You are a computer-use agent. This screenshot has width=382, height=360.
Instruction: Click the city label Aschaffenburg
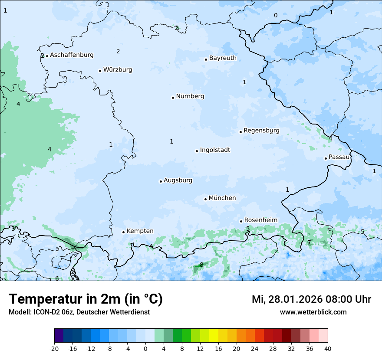(72, 55)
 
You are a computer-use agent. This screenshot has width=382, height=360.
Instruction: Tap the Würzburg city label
(118, 70)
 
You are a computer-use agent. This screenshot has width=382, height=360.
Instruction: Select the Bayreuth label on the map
(223, 58)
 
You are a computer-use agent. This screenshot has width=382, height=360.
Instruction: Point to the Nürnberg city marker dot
(173, 98)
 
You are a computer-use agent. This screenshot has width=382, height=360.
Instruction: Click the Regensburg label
(261, 131)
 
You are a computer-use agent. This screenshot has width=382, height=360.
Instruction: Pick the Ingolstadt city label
(215, 150)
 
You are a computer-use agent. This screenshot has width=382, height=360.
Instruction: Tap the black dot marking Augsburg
(161, 181)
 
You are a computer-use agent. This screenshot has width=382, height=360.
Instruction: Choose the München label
(222, 198)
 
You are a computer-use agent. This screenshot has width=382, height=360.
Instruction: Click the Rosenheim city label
(260, 220)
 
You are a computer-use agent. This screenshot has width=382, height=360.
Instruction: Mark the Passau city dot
(326, 158)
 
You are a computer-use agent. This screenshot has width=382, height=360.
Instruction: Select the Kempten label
(140, 231)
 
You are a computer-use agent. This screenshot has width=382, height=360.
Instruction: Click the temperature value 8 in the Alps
(201, 265)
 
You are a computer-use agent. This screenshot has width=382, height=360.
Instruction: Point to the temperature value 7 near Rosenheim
(309, 242)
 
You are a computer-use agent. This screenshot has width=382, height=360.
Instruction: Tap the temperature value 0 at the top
(276, 16)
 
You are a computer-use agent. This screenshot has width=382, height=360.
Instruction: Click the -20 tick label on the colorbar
(54, 349)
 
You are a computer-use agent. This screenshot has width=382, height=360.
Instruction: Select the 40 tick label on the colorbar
(328, 349)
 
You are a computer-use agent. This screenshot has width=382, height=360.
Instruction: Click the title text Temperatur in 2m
(86, 299)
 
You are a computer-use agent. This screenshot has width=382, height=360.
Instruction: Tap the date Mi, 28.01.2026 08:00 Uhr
(311, 299)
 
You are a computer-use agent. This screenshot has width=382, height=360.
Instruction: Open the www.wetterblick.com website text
(313, 312)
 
